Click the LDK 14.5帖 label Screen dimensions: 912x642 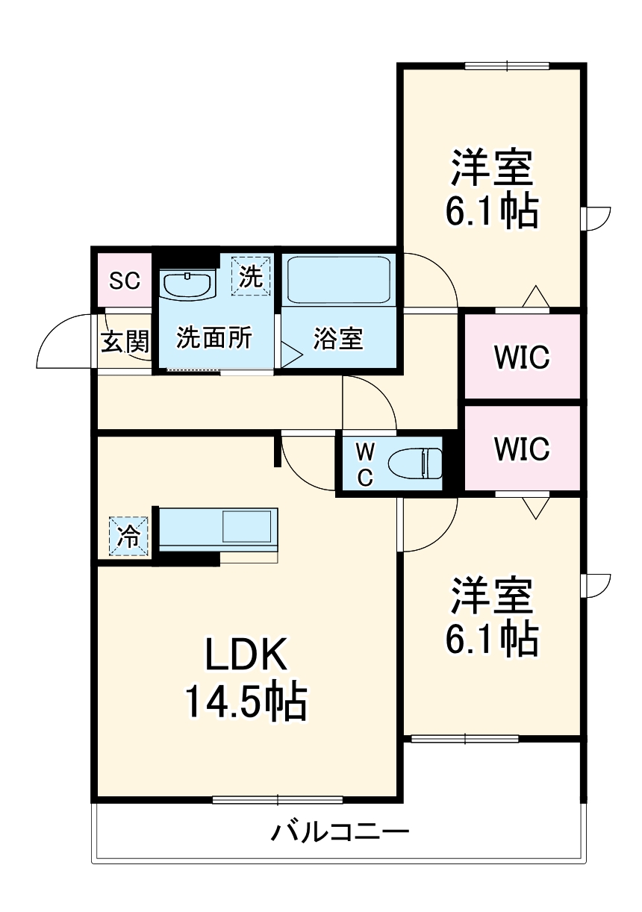tap(246, 678)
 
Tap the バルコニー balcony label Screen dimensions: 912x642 tap(340, 831)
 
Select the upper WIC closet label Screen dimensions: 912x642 tap(522, 357)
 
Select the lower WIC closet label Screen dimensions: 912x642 tap(522, 449)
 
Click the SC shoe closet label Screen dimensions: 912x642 tap(125, 281)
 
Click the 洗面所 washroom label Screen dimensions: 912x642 tap(214, 338)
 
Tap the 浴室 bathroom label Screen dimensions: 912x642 tap(337, 339)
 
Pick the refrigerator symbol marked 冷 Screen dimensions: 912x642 tap(129, 537)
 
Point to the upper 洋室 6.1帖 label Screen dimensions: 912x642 tap(492, 190)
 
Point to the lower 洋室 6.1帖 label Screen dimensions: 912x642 tap(492, 616)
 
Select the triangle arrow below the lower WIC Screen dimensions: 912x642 tap(535, 508)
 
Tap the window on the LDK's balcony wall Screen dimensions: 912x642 tap(278, 800)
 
